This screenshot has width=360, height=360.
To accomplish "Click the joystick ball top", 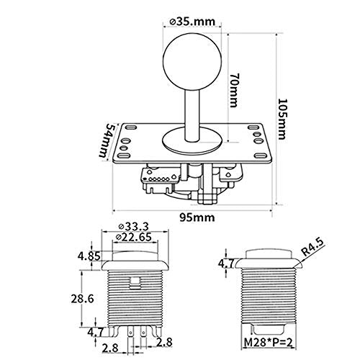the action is tap(192, 62).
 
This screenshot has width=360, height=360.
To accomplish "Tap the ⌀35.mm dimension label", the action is tap(192, 22).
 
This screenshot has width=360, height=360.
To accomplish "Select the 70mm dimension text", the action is tap(234, 89).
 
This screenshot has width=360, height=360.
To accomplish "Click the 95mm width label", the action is tap(197, 217).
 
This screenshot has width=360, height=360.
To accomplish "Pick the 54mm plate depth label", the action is tap(106, 140).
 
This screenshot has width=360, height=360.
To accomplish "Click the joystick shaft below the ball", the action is tap(192, 114).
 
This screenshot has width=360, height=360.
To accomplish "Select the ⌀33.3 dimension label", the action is tap(134, 227).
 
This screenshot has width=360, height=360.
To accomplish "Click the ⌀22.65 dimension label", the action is tap(134, 237).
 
